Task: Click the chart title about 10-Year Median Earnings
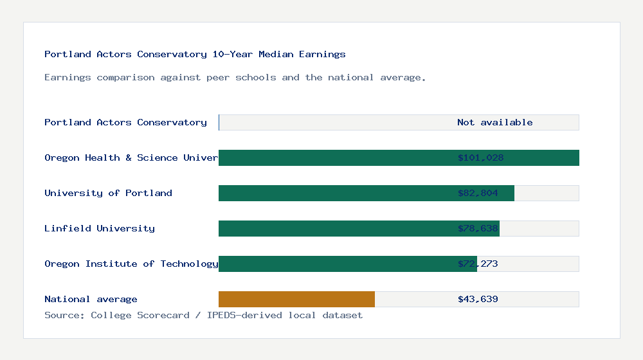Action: point(195,54)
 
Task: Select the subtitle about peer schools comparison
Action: point(235,77)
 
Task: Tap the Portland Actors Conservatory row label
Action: point(125,122)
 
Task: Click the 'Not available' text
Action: point(494,122)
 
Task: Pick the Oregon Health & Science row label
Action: point(131,157)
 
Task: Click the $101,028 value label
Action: point(480,157)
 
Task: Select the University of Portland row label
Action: point(108,193)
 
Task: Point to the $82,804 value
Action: point(478,193)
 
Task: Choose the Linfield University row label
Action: point(100,228)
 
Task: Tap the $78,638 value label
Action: point(478,228)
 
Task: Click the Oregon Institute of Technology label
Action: point(131,264)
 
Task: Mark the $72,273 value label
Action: point(478,264)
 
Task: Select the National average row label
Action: point(91,299)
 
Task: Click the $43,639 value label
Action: point(478,299)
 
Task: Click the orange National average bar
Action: point(296,299)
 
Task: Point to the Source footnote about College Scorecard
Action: point(203,315)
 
